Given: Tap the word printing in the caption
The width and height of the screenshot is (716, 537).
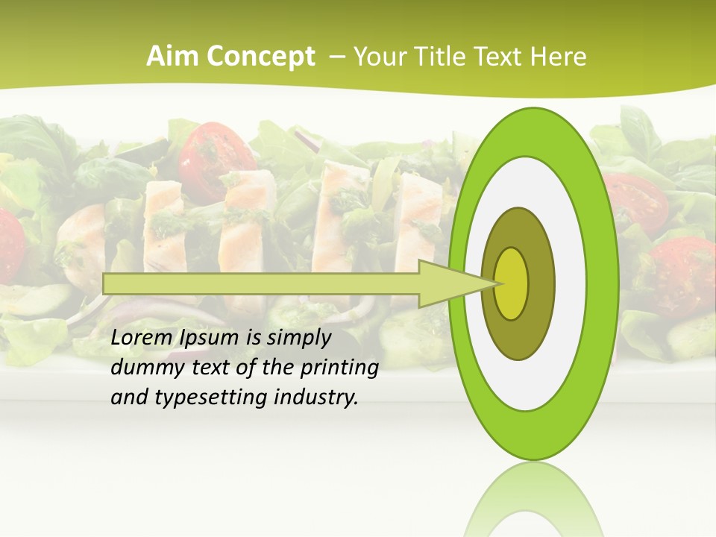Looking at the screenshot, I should [x=339, y=368].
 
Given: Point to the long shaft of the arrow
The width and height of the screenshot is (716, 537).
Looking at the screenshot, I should [x=261, y=283].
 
